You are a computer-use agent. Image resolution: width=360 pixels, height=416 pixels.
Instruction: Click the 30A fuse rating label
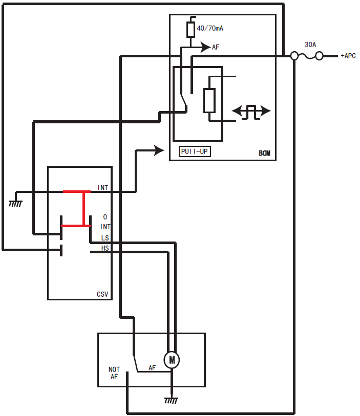(x=310, y=45)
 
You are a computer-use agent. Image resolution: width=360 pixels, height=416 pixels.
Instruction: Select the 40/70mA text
(x=210, y=29)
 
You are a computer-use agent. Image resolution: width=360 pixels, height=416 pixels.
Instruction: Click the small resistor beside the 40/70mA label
(x=190, y=30)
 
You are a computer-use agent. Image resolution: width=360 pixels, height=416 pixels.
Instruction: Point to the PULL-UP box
(x=195, y=151)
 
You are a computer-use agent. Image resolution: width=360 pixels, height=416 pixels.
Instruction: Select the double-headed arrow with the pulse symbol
(x=251, y=111)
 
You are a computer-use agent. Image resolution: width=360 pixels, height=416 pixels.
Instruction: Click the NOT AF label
(x=114, y=373)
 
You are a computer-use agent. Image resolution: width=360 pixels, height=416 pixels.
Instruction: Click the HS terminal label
(x=105, y=248)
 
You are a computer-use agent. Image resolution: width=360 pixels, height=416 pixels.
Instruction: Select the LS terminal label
(x=105, y=237)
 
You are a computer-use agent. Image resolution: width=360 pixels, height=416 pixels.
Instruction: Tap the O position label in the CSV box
(x=105, y=217)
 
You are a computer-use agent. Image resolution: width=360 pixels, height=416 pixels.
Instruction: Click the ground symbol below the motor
(x=172, y=401)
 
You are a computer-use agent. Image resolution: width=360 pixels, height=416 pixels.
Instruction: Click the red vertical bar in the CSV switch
(x=84, y=208)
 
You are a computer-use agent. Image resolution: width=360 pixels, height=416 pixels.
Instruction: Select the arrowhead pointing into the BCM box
(x=159, y=150)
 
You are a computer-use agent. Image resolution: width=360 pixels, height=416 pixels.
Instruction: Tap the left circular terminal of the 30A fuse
(x=294, y=56)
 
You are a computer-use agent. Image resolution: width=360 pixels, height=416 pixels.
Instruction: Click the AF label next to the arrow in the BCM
(x=216, y=47)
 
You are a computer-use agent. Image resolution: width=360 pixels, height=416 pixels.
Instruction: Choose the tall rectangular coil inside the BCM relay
(x=209, y=100)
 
